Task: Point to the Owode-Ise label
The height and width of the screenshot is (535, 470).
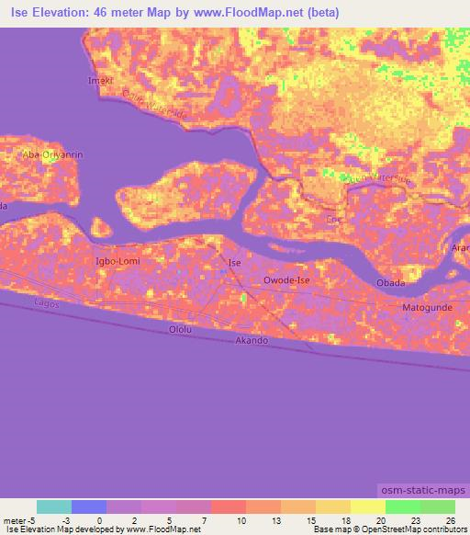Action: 288,279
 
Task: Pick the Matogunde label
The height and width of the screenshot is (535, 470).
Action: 430,306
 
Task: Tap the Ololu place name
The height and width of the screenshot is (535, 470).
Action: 181,329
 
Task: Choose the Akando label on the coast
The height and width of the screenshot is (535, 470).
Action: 252,340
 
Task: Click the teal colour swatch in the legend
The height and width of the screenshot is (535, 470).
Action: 54,507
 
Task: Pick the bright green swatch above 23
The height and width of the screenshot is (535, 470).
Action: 402,507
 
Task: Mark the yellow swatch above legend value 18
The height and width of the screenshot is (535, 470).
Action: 332,507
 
